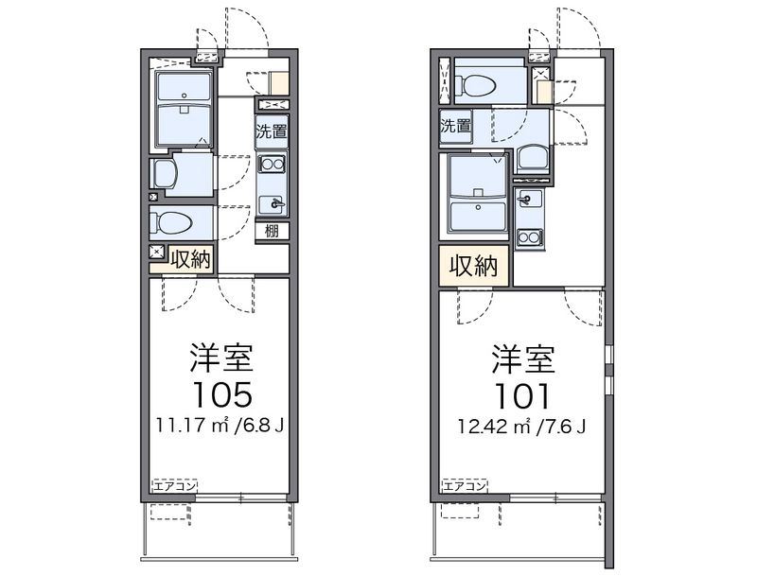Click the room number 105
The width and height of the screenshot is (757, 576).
[x=222, y=393]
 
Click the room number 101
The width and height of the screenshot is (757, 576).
[x=523, y=396]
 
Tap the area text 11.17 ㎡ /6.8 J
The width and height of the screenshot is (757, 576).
[x=220, y=425]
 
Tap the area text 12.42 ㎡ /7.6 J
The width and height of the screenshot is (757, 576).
[x=522, y=427]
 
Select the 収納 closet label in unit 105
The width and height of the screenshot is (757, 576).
[x=191, y=260]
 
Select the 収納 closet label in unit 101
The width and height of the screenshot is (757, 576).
[x=474, y=266]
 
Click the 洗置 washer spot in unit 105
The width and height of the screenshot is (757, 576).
[x=272, y=131]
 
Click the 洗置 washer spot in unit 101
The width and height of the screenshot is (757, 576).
[x=455, y=126]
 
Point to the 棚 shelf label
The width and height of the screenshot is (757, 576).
[x=272, y=231]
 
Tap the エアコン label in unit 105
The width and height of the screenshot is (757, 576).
[x=175, y=486]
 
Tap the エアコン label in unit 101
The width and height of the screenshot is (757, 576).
[x=464, y=486]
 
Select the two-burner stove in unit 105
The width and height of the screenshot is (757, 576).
[x=273, y=164]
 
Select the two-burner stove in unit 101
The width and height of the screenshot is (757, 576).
[x=529, y=237]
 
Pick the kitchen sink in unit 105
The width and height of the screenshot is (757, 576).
[x=273, y=204]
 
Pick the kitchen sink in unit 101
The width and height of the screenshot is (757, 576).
[x=529, y=198]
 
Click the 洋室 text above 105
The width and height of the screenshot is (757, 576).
[x=222, y=358]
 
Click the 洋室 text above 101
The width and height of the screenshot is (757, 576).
[x=523, y=359]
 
